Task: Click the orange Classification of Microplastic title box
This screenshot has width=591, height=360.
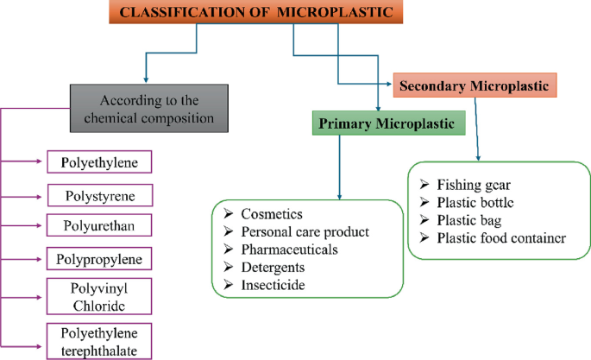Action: [x=258, y=13]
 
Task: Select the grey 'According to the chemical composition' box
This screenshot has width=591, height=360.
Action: [x=148, y=107]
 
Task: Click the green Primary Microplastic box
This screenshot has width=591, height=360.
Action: [x=387, y=123]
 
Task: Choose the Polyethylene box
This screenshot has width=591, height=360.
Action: [x=99, y=161]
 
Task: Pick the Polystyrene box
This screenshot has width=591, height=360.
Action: [x=99, y=194]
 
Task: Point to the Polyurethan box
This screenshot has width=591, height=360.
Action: [x=99, y=225]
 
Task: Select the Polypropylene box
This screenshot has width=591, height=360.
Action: [x=99, y=258]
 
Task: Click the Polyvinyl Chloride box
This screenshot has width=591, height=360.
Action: [x=99, y=296]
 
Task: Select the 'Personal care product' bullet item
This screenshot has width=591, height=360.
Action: [x=305, y=232]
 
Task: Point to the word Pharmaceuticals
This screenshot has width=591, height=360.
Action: [x=290, y=249]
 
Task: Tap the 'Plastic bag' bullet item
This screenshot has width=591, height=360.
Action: [x=470, y=220]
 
